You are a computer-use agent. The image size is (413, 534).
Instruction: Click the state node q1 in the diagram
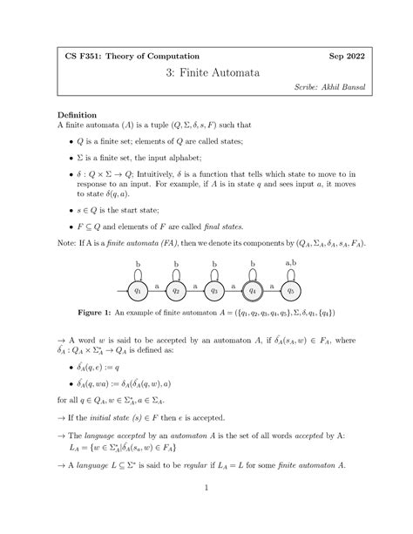[138, 290]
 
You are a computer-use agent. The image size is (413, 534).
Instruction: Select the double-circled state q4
[254, 290]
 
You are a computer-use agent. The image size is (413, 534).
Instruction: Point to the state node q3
[214, 290]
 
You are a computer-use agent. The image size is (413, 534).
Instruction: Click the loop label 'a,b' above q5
[292, 262]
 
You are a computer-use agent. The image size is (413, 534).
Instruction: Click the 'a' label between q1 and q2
[157, 285]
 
